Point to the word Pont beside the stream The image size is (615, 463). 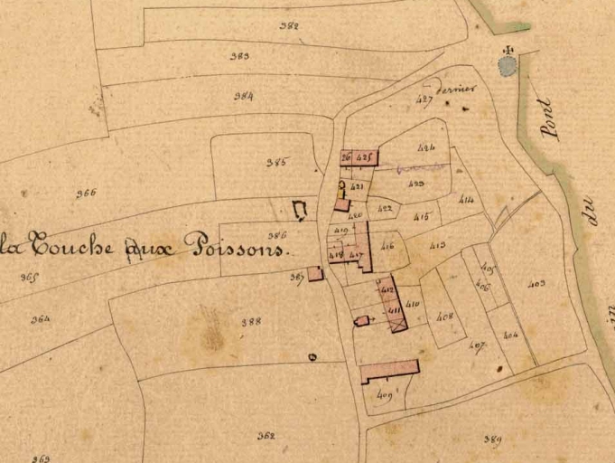pos(546,118)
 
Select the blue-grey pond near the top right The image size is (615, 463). pos(508,65)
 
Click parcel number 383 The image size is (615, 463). pos(239,56)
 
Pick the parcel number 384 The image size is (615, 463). pos(243,96)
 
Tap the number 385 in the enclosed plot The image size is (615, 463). pos(276,163)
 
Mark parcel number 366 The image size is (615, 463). pos(86,193)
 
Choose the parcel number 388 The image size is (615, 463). pos(252,321)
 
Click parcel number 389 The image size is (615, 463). pos(492,439)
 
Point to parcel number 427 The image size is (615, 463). pos(424,99)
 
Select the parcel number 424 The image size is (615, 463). pos(427,146)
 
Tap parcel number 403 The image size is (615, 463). pos(536,284)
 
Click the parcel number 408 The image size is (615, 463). pos(443,316)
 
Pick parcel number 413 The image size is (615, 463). pos(438,245)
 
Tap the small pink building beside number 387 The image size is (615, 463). pos(315,273)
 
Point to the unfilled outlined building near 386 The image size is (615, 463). pos(300,211)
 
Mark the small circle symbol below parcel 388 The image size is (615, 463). pos(312,357)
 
